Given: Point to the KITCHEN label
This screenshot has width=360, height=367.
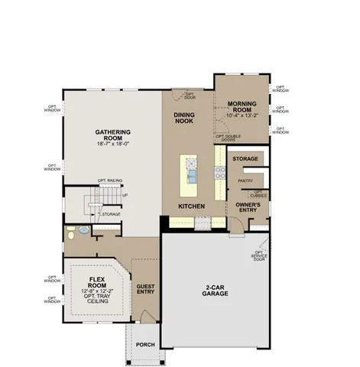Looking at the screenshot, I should click(190, 206).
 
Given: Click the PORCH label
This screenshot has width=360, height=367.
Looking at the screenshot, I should click(145, 345).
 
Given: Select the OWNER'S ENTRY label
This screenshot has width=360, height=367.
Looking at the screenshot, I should click(249, 208).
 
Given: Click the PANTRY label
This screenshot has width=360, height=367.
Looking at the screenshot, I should click(245, 180).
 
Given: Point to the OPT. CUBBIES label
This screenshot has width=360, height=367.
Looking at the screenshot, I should click(261, 194).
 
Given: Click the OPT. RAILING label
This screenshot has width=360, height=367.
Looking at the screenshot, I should click(110, 181).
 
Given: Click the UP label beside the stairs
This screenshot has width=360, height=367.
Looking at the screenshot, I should click(125, 195).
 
